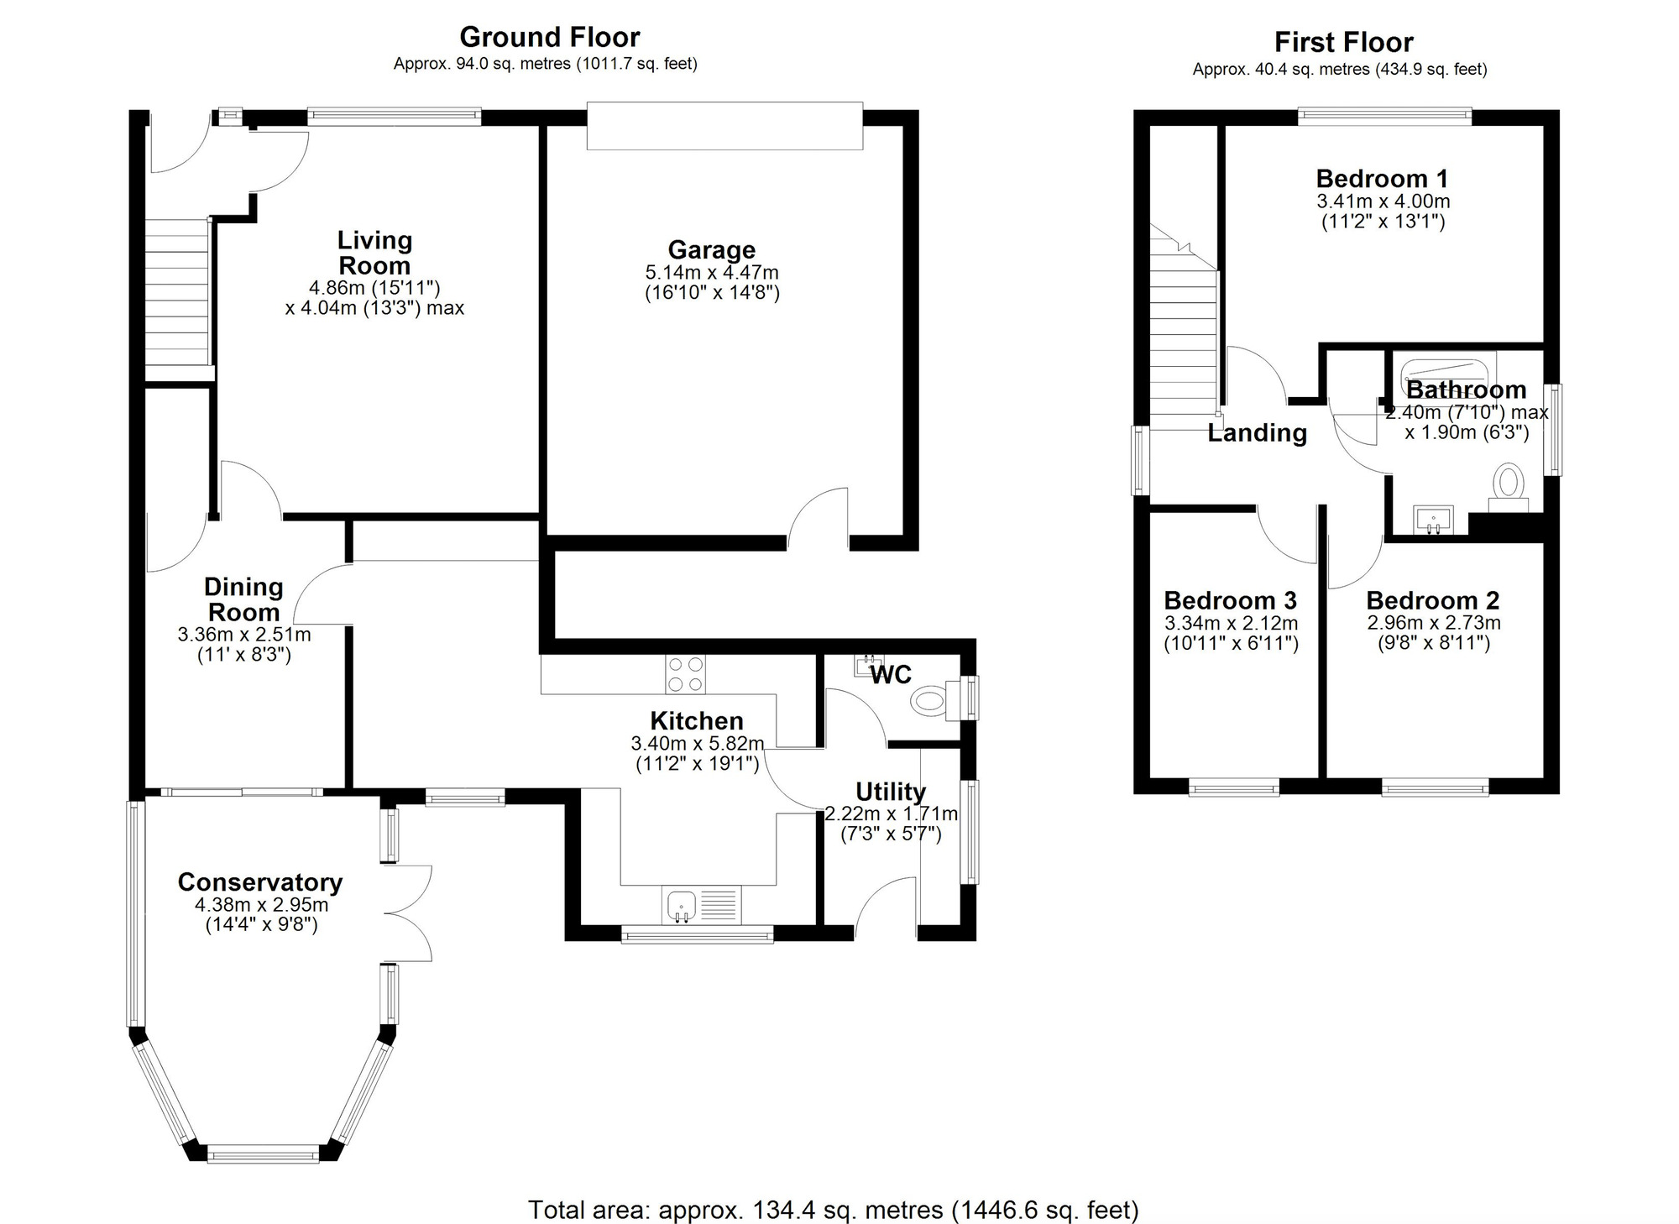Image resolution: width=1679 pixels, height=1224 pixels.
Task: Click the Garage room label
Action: click(711, 249)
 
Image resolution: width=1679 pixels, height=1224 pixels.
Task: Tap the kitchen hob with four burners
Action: click(685, 674)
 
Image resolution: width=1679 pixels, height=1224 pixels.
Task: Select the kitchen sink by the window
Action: click(683, 906)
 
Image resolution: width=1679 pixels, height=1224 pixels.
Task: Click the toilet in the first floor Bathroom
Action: click(1509, 486)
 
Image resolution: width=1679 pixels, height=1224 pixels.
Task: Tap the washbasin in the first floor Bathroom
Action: click(1433, 520)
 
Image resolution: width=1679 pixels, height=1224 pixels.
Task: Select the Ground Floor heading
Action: click(549, 37)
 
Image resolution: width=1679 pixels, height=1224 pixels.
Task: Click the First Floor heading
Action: click(1343, 42)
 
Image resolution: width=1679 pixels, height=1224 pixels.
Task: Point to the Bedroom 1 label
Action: click(1382, 178)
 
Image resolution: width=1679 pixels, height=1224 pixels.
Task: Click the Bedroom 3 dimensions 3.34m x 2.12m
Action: click(1231, 624)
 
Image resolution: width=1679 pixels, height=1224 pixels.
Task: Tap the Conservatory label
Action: click(260, 882)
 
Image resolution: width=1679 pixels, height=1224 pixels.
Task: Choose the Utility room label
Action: click(891, 792)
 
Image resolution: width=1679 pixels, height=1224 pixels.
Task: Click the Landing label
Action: click(1257, 433)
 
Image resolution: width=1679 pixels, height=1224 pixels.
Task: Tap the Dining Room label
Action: click(243, 599)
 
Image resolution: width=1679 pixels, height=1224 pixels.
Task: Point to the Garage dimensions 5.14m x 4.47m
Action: click(711, 273)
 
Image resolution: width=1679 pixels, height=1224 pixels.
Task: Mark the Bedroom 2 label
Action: click(1432, 600)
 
